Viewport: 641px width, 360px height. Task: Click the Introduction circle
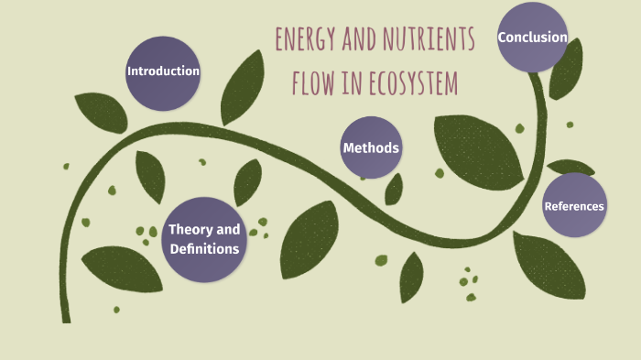click(x=163, y=72)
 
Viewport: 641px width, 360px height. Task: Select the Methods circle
click(x=371, y=147)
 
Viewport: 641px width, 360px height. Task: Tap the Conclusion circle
click(x=532, y=38)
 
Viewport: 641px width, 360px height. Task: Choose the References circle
click(x=574, y=205)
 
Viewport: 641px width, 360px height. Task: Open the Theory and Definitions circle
click(x=204, y=239)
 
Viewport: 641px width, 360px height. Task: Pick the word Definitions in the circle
click(x=204, y=248)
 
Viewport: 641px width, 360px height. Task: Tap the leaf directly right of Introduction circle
click(x=243, y=87)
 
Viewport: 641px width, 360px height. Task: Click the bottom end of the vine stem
click(x=66, y=318)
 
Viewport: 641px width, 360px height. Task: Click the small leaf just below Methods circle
click(x=394, y=189)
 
